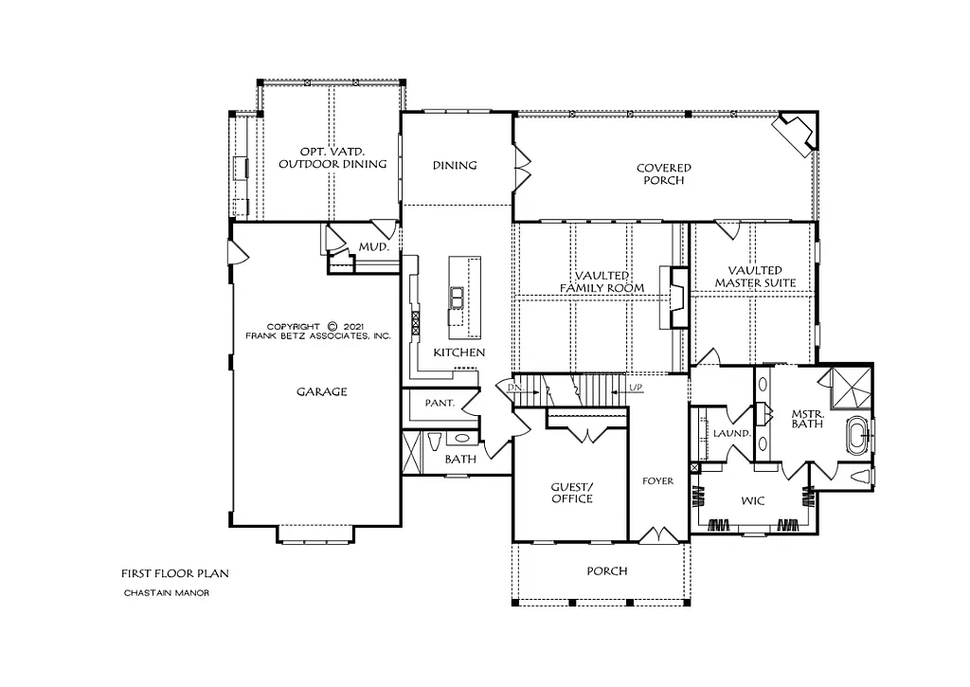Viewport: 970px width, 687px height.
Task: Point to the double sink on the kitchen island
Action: pyautogui.click(x=457, y=298)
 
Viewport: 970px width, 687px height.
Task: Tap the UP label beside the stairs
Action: pyautogui.click(x=638, y=389)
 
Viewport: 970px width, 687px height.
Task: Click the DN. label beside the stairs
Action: pyautogui.click(x=514, y=389)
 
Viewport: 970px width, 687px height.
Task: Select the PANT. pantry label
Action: pyautogui.click(x=440, y=403)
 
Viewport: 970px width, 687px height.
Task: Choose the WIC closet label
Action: pyautogui.click(x=754, y=500)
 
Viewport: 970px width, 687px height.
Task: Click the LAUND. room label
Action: pyautogui.click(x=732, y=433)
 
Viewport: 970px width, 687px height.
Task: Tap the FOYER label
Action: pyautogui.click(x=657, y=481)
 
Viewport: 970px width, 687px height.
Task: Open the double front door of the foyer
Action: pyautogui.click(x=656, y=535)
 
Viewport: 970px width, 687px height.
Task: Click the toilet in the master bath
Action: pyautogui.click(x=860, y=477)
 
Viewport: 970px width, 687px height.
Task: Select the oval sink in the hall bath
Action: pyautogui.click(x=463, y=438)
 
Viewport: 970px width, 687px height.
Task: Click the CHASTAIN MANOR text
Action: pyautogui.click(x=166, y=593)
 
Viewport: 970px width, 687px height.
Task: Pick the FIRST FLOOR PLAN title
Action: pyautogui.click(x=174, y=573)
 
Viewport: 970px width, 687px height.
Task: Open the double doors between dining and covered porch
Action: pyautogui.click(x=518, y=168)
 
